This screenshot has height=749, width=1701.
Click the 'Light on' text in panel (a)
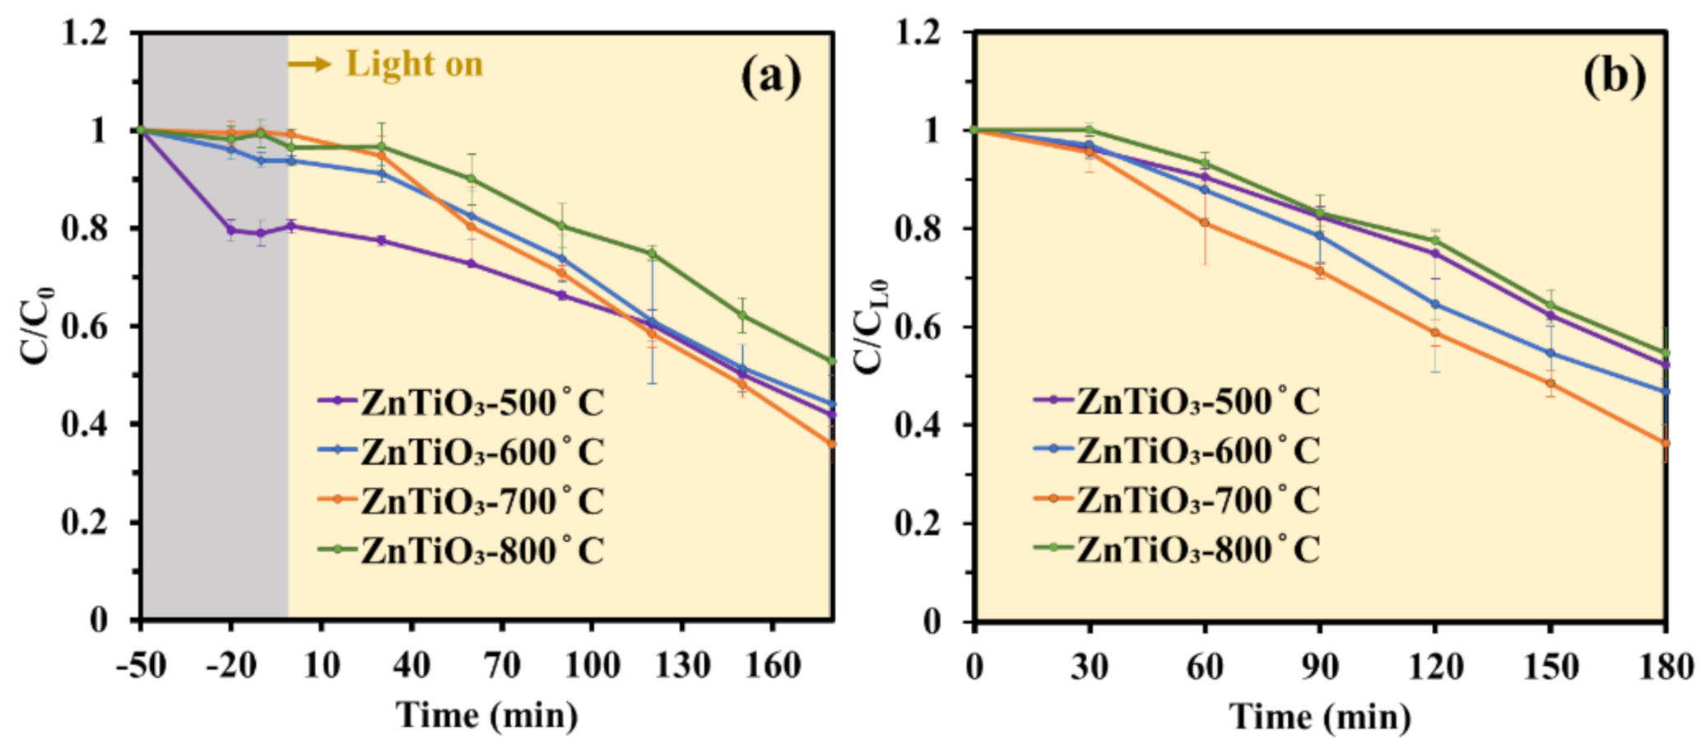[414, 63]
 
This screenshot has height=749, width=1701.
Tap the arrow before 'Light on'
[309, 63]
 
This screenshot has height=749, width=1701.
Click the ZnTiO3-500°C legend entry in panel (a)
[461, 402]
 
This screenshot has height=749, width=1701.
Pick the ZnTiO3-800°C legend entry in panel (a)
[461, 550]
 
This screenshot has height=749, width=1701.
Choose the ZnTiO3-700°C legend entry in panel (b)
[1177, 500]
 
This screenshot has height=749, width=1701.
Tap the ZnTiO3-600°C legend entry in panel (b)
[1177, 450]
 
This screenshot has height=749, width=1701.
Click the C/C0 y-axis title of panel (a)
[37, 326]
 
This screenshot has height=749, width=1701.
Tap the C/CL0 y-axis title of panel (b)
[871, 326]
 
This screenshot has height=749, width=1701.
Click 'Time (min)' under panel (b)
[1320, 716]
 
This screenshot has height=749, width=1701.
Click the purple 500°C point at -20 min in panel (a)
[231, 230]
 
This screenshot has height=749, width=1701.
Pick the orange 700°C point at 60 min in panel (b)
[1205, 223]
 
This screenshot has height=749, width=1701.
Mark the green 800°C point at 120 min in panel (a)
[653, 254]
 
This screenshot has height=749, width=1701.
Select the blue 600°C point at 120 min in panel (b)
[1435, 305]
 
